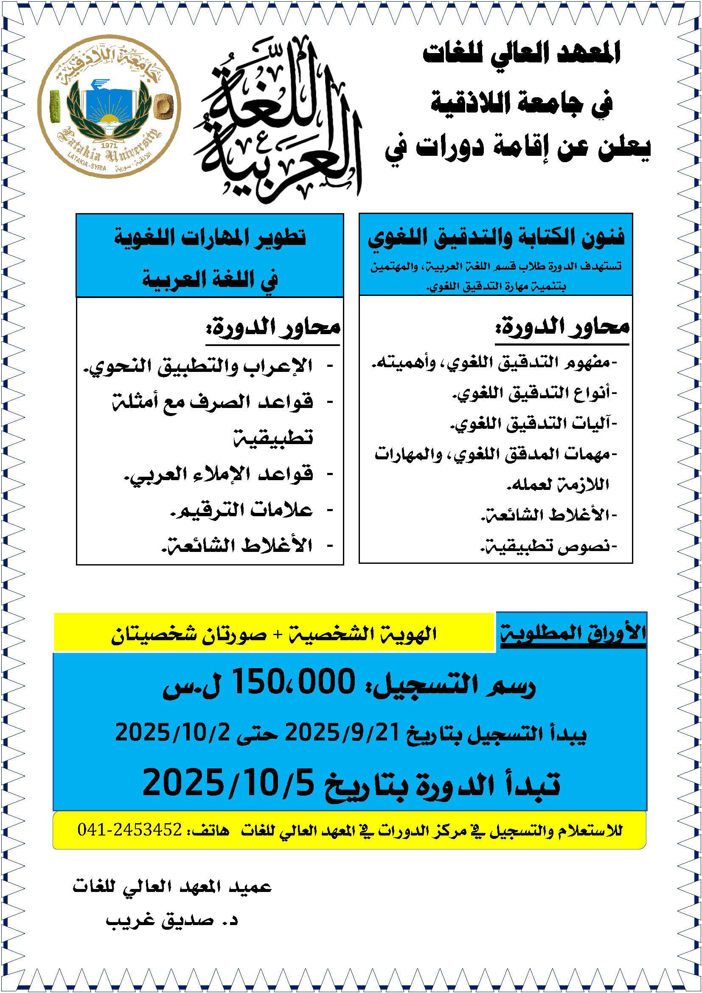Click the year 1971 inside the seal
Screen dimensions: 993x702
click(109, 146)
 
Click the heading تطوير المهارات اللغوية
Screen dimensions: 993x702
click(210, 238)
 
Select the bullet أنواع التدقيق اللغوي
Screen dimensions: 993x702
click(535, 393)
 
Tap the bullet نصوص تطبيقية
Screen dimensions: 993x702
click(549, 547)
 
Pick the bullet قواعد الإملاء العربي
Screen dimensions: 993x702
click(218, 475)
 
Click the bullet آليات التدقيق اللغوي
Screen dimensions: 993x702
click(535, 424)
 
